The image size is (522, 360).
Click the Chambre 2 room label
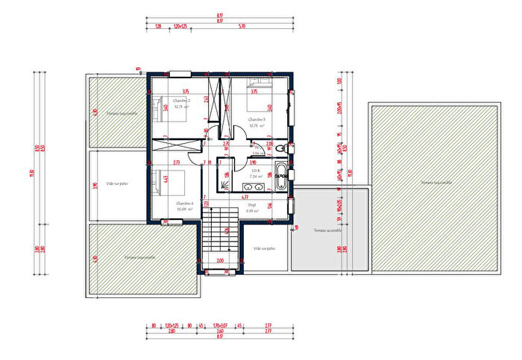click(x=181, y=101)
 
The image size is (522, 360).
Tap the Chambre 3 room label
click(x=257, y=119)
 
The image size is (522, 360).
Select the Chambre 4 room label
click(x=184, y=203)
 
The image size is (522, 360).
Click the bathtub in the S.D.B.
click(x=282, y=176)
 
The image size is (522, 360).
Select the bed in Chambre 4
click(x=160, y=182)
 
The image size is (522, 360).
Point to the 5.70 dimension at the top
click(x=242, y=26)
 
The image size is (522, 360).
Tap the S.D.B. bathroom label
click(x=254, y=169)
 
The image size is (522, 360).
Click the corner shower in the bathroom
click(x=224, y=179)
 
